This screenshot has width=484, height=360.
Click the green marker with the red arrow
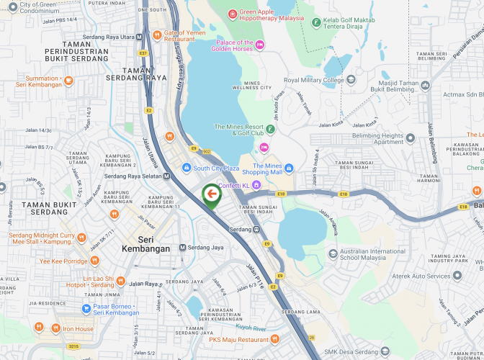tap(211, 195)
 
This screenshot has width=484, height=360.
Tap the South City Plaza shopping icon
tap(187, 168)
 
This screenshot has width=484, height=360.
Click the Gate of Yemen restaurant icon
tap(157, 34)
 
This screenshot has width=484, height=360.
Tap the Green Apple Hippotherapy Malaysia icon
tap(233, 14)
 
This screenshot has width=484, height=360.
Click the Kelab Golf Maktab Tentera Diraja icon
tap(316, 22)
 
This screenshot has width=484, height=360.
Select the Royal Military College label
tap(313, 81)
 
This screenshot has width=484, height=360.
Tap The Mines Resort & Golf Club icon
tap(270, 130)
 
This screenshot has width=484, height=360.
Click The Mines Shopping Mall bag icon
tap(289, 168)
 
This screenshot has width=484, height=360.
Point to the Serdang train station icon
tap(256, 229)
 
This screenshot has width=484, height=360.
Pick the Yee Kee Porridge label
tap(64, 261)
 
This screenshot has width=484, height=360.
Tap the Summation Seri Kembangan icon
tap(68, 81)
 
